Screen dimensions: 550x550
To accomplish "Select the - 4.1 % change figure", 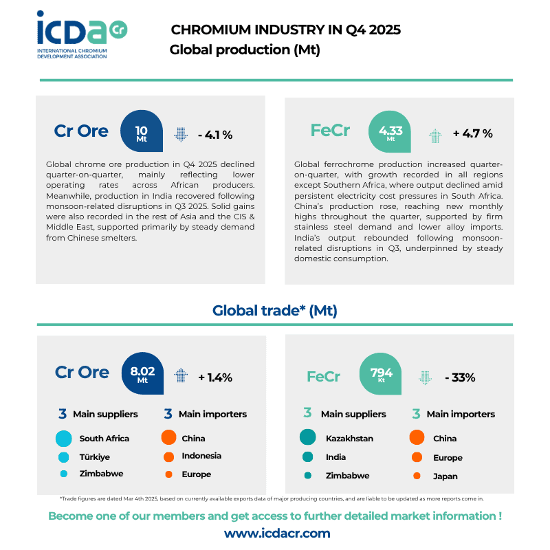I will [x=214, y=135].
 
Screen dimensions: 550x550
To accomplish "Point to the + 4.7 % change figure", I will [x=472, y=133].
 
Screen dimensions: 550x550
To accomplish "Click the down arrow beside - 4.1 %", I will [x=181, y=134].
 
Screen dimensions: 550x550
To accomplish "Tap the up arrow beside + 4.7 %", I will [x=434, y=135].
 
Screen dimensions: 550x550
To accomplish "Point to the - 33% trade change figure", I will [x=460, y=377].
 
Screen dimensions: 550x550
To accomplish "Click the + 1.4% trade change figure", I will [x=215, y=377].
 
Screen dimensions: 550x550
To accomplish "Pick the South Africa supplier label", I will [x=104, y=439].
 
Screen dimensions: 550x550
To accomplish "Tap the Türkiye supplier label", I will [x=95, y=456].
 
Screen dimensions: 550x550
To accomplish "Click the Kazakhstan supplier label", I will [x=349, y=439].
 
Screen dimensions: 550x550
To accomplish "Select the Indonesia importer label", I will [x=201, y=456].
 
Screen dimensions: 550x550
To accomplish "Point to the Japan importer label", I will [x=445, y=476].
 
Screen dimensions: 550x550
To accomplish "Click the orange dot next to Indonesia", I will [x=168, y=456].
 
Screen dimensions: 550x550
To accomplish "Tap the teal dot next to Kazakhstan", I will [x=307, y=437].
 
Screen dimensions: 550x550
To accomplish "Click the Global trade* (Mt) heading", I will [x=275, y=311].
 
